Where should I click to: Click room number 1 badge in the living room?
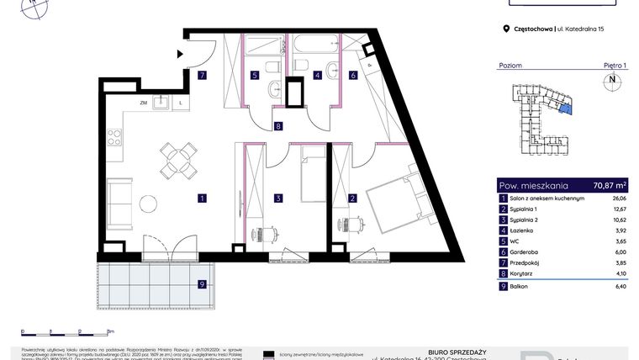click(202, 199)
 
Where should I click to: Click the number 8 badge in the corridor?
click(278, 127)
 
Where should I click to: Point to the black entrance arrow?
click(180, 54)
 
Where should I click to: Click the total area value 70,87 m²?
click(609, 186)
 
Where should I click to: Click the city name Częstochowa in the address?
click(534, 29)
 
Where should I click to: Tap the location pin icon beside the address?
click(505, 29)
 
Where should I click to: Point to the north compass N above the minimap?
click(611, 81)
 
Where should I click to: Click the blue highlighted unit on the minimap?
click(566, 107)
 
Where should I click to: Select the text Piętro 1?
click(615, 65)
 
